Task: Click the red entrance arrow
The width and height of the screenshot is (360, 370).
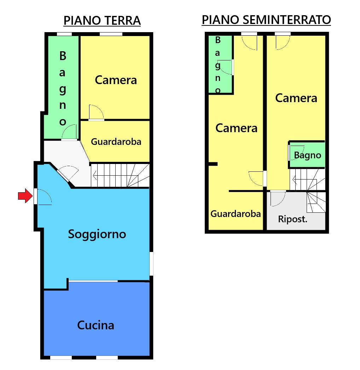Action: tap(25, 196)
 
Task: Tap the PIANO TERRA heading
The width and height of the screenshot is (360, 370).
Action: tap(102, 20)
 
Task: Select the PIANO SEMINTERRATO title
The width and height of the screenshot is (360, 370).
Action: tap(266, 20)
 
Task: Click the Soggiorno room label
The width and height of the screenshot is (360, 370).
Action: tap(97, 234)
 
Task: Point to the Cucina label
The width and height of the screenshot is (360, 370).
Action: tap(95, 325)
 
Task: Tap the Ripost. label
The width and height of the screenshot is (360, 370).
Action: tap(292, 219)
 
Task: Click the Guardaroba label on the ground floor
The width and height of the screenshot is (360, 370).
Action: tap(116, 142)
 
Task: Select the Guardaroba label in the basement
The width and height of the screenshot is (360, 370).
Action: tap(236, 214)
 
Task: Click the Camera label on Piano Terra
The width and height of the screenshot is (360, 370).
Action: tap(116, 80)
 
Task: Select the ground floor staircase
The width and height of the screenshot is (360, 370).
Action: tap(120, 175)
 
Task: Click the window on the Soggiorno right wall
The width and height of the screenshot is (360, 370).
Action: tap(151, 263)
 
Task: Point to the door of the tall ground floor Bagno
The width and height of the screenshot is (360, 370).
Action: tap(69, 133)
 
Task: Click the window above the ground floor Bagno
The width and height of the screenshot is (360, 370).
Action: tap(64, 34)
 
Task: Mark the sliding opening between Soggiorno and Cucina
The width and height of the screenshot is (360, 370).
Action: tap(93, 281)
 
